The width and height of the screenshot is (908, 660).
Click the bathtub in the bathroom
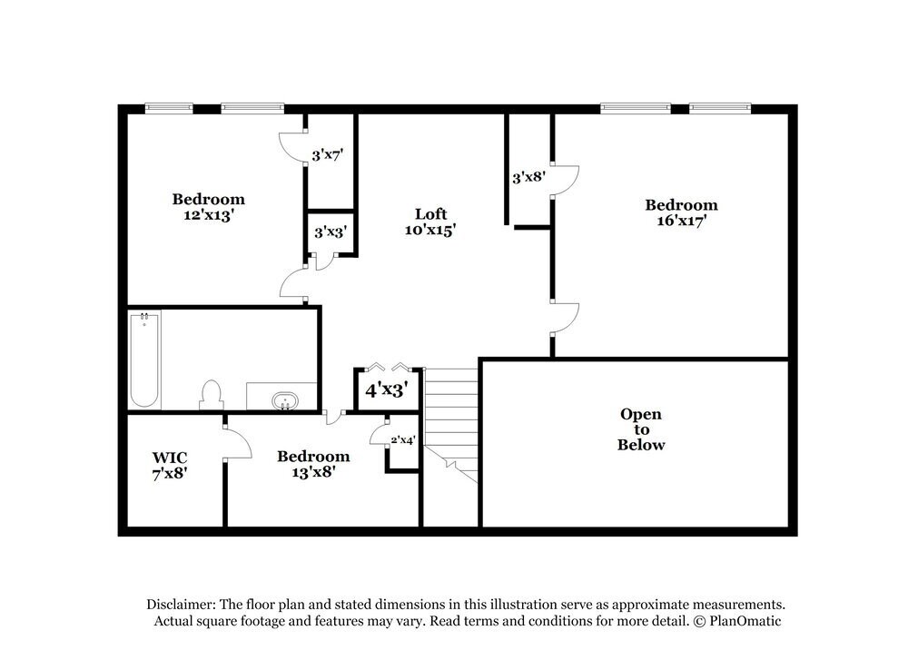tap(144, 360)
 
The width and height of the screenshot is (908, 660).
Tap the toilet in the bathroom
tap(211, 395)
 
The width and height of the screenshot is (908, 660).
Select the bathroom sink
tap(285, 399)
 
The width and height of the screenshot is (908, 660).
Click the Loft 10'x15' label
tap(429, 222)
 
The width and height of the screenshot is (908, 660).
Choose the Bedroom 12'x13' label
tap(209, 207)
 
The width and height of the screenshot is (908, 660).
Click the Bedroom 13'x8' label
tap(313, 463)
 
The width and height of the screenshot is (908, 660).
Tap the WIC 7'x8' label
tap(170, 465)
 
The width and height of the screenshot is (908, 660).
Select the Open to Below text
tap(641, 429)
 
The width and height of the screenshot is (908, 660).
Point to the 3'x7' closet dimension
tap(328, 155)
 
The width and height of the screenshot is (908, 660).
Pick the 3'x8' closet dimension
tap(528, 177)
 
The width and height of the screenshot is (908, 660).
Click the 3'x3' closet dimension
tap(330, 232)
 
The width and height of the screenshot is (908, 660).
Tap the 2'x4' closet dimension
tap(402, 439)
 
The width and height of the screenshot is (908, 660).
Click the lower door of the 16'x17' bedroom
tap(565, 318)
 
